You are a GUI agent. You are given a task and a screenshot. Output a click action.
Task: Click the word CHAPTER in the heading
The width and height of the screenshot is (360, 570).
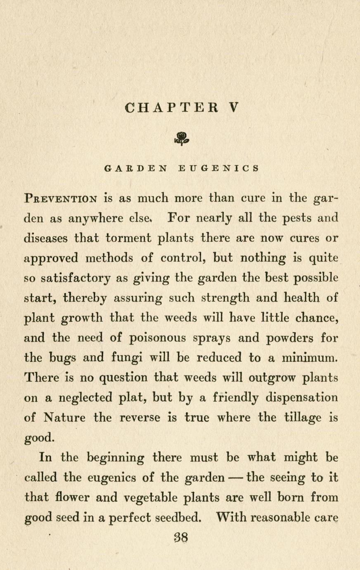pos(171,108)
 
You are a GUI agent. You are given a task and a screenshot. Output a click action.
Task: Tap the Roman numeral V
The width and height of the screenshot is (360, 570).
pos(233,108)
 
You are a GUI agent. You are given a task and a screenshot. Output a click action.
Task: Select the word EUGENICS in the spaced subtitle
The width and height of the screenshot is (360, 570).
pos(219,169)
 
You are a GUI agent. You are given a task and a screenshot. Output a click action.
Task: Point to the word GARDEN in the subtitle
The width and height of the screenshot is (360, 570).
pos(137,169)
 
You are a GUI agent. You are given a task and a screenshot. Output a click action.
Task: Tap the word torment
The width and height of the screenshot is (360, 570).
pos(134,238)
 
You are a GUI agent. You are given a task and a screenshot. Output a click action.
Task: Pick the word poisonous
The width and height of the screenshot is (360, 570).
pos(157,338)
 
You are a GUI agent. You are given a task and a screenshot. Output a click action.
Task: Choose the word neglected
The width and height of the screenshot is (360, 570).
pos(85,398)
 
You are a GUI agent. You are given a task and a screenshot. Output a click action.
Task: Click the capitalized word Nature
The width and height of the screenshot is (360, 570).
pos(65,418)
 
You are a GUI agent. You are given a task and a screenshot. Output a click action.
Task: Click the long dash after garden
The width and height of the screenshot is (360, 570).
pos(234,478)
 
